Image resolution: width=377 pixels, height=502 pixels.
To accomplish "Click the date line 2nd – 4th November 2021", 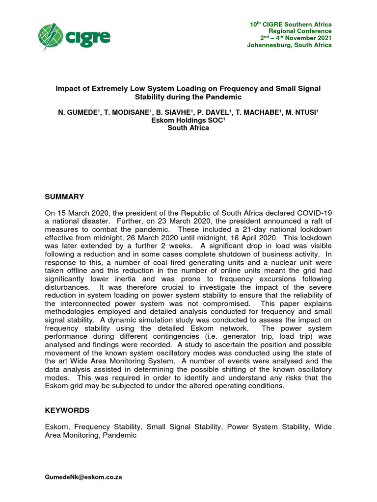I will pos(296,38).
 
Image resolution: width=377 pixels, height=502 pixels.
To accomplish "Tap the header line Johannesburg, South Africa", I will pos(289,45).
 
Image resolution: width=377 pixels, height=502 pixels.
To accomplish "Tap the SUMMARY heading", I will pos(64,197).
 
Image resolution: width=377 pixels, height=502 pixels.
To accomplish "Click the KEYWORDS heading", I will pos(67,410).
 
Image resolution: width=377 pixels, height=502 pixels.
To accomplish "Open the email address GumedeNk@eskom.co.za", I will pos(83,477).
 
